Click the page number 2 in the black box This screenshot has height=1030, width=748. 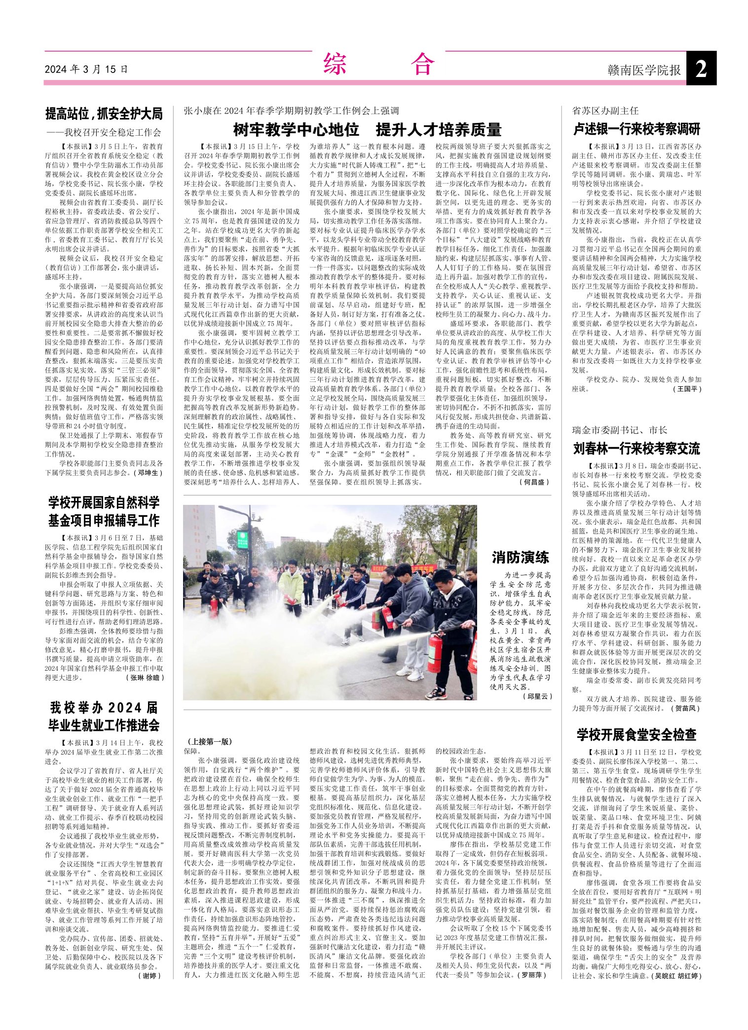coord(701,69)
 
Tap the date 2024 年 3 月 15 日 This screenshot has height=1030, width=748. coord(86,69)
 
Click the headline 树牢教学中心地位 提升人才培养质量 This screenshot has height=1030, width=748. coord(367,130)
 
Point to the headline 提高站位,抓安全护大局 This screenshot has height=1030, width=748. coord(104,114)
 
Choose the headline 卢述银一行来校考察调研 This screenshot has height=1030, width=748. coord(636,129)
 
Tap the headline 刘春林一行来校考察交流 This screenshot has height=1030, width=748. coord(636,449)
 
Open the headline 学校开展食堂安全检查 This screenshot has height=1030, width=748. coord(636,735)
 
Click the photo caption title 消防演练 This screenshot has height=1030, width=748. coord(521,558)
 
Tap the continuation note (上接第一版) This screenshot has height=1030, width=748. coord(210,741)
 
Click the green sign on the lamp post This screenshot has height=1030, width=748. coord(242,536)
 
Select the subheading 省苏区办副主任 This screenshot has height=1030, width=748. coord(605,111)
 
